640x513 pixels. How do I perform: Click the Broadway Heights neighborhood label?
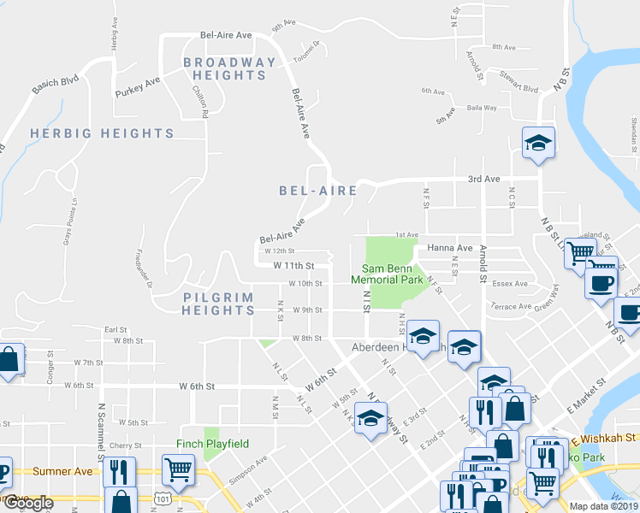click(230, 68)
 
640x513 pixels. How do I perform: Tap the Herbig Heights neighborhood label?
click(102, 133)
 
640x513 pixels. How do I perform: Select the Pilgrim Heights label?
click(219, 304)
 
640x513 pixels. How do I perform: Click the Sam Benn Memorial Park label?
click(388, 274)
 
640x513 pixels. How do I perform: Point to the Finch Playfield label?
click(212, 444)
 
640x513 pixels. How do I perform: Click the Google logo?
click(27, 503)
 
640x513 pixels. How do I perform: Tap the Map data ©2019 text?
click(604, 506)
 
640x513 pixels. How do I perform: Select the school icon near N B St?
click(539, 143)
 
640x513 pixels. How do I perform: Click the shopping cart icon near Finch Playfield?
click(178, 469)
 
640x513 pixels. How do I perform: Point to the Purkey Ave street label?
click(139, 86)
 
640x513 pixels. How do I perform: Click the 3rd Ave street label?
click(483, 179)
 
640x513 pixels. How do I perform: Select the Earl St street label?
click(116, 328)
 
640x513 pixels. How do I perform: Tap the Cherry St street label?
click(125, 445)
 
